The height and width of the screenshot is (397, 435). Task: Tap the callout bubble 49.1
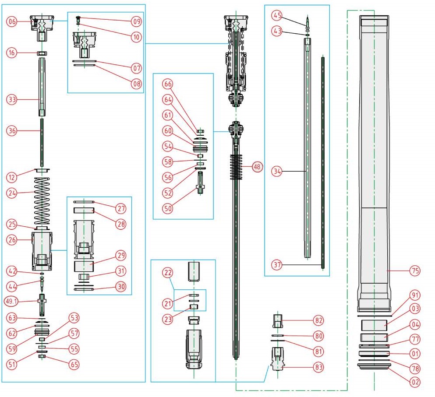(x=12, y=301)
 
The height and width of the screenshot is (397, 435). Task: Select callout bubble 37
(x=277, y=265)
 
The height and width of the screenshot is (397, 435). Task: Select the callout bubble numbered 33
(x=12, y=99)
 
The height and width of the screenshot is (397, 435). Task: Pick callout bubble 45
(x=277, y=16)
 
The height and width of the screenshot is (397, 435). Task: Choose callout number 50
(x=168, y=208)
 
